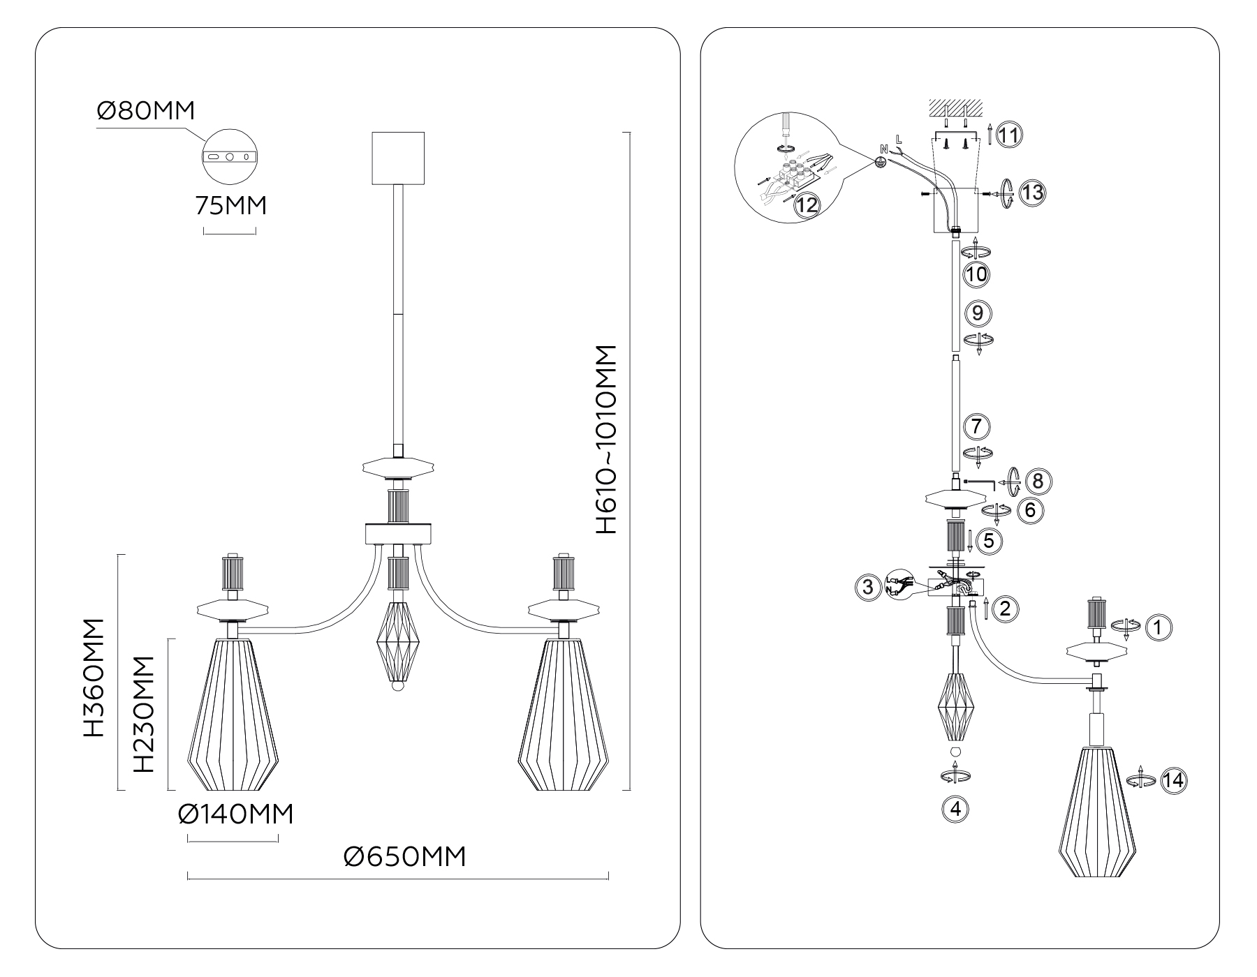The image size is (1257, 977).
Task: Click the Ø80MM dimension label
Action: coord(145,111)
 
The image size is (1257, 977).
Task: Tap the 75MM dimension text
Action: coord(230,206)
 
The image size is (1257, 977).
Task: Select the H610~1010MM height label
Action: coord(606,440)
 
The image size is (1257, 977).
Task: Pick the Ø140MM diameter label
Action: coord(235,814)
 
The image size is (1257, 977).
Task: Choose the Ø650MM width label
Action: coord(405,856)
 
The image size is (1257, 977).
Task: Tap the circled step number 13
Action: coord(1031,192)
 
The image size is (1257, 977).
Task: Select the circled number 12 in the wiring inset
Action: coord(807,205)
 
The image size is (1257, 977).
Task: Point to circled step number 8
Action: coord(1037,481)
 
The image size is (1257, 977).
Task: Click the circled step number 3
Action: coord(868,587)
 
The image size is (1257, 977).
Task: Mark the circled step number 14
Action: coord(1174,780)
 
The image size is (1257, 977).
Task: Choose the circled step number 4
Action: coord(956,810)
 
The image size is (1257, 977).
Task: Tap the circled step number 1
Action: coord(1159,627)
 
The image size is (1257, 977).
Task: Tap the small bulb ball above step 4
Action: coord(956,752)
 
